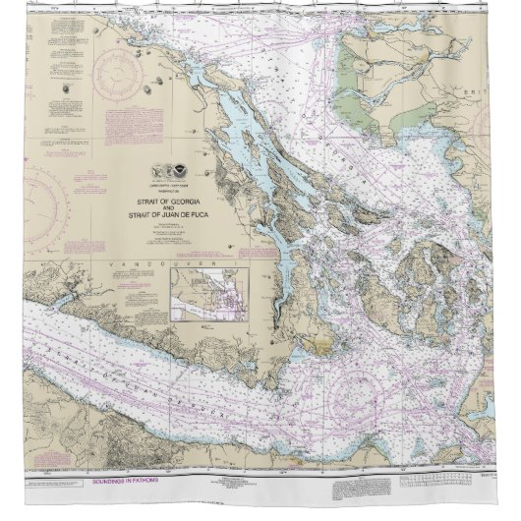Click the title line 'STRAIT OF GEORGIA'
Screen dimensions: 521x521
[166, 201]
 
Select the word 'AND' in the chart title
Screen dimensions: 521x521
[166, 207]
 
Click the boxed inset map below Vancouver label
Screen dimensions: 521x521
[210, 294]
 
